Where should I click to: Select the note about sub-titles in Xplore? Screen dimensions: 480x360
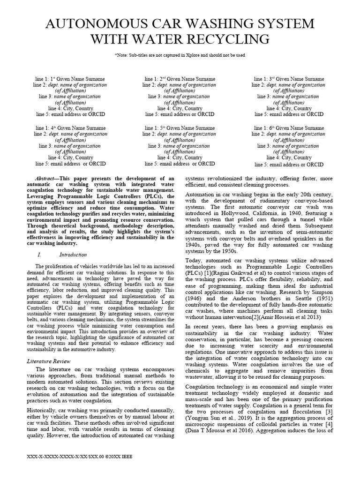coord(180,55)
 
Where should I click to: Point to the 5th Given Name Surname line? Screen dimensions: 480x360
coord(180,128)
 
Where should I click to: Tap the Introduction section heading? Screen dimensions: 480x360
coord(73,255)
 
